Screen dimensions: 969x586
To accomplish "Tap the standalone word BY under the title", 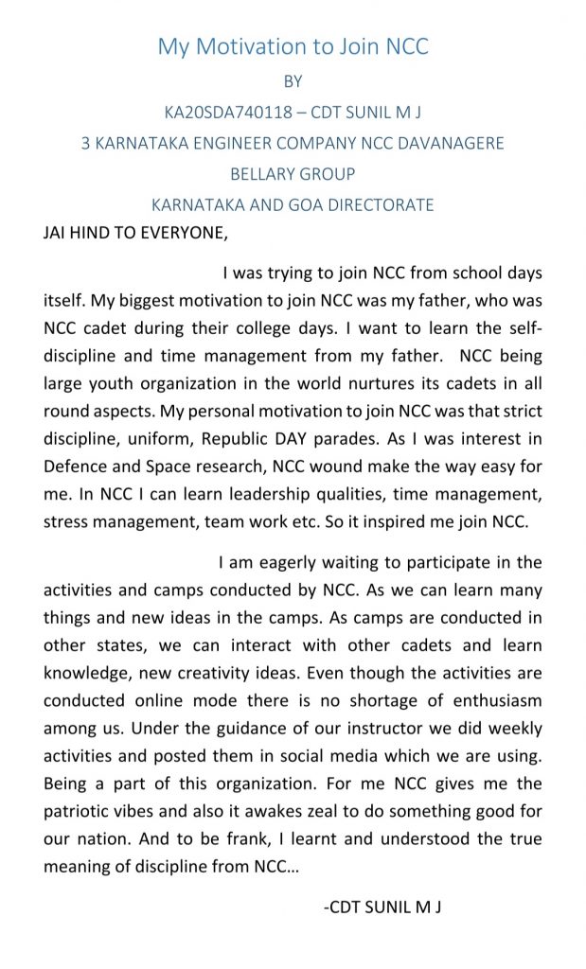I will (x=293, y=82).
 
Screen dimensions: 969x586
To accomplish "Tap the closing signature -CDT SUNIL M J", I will (x=383, y=907).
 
